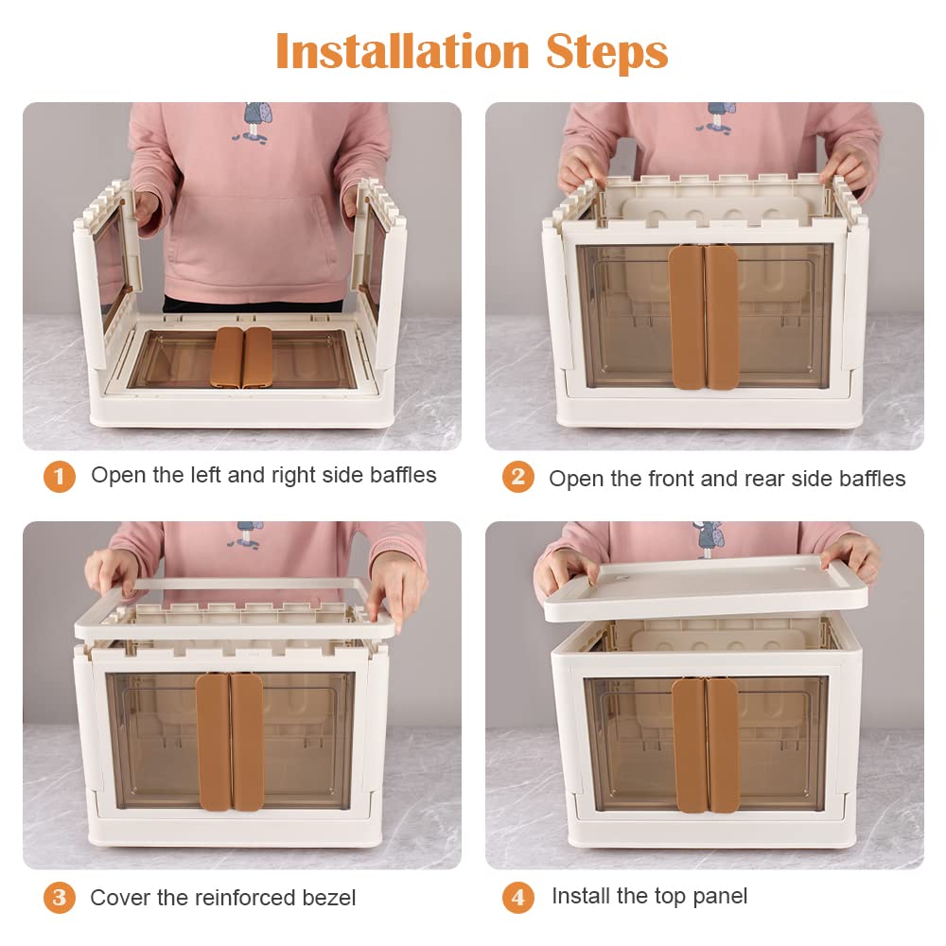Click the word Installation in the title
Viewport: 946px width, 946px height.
point(402,52)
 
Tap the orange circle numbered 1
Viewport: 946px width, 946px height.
point(59,477)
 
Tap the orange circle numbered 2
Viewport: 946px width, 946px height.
point(518,477)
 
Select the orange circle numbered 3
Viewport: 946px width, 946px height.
point(59,897)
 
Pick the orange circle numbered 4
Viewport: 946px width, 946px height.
point(518,897)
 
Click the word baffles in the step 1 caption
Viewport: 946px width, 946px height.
point(403,475)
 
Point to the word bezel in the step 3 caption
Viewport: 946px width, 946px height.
point(329,898)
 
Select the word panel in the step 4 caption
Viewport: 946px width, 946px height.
point(720,897)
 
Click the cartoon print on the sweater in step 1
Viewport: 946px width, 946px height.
point(253,123)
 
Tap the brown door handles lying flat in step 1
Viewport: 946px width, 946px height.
point(241,358)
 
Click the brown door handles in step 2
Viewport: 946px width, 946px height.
point(704,316)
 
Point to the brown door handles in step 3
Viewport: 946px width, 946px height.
point(230,742)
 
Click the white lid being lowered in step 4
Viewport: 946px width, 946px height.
point(706,589)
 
